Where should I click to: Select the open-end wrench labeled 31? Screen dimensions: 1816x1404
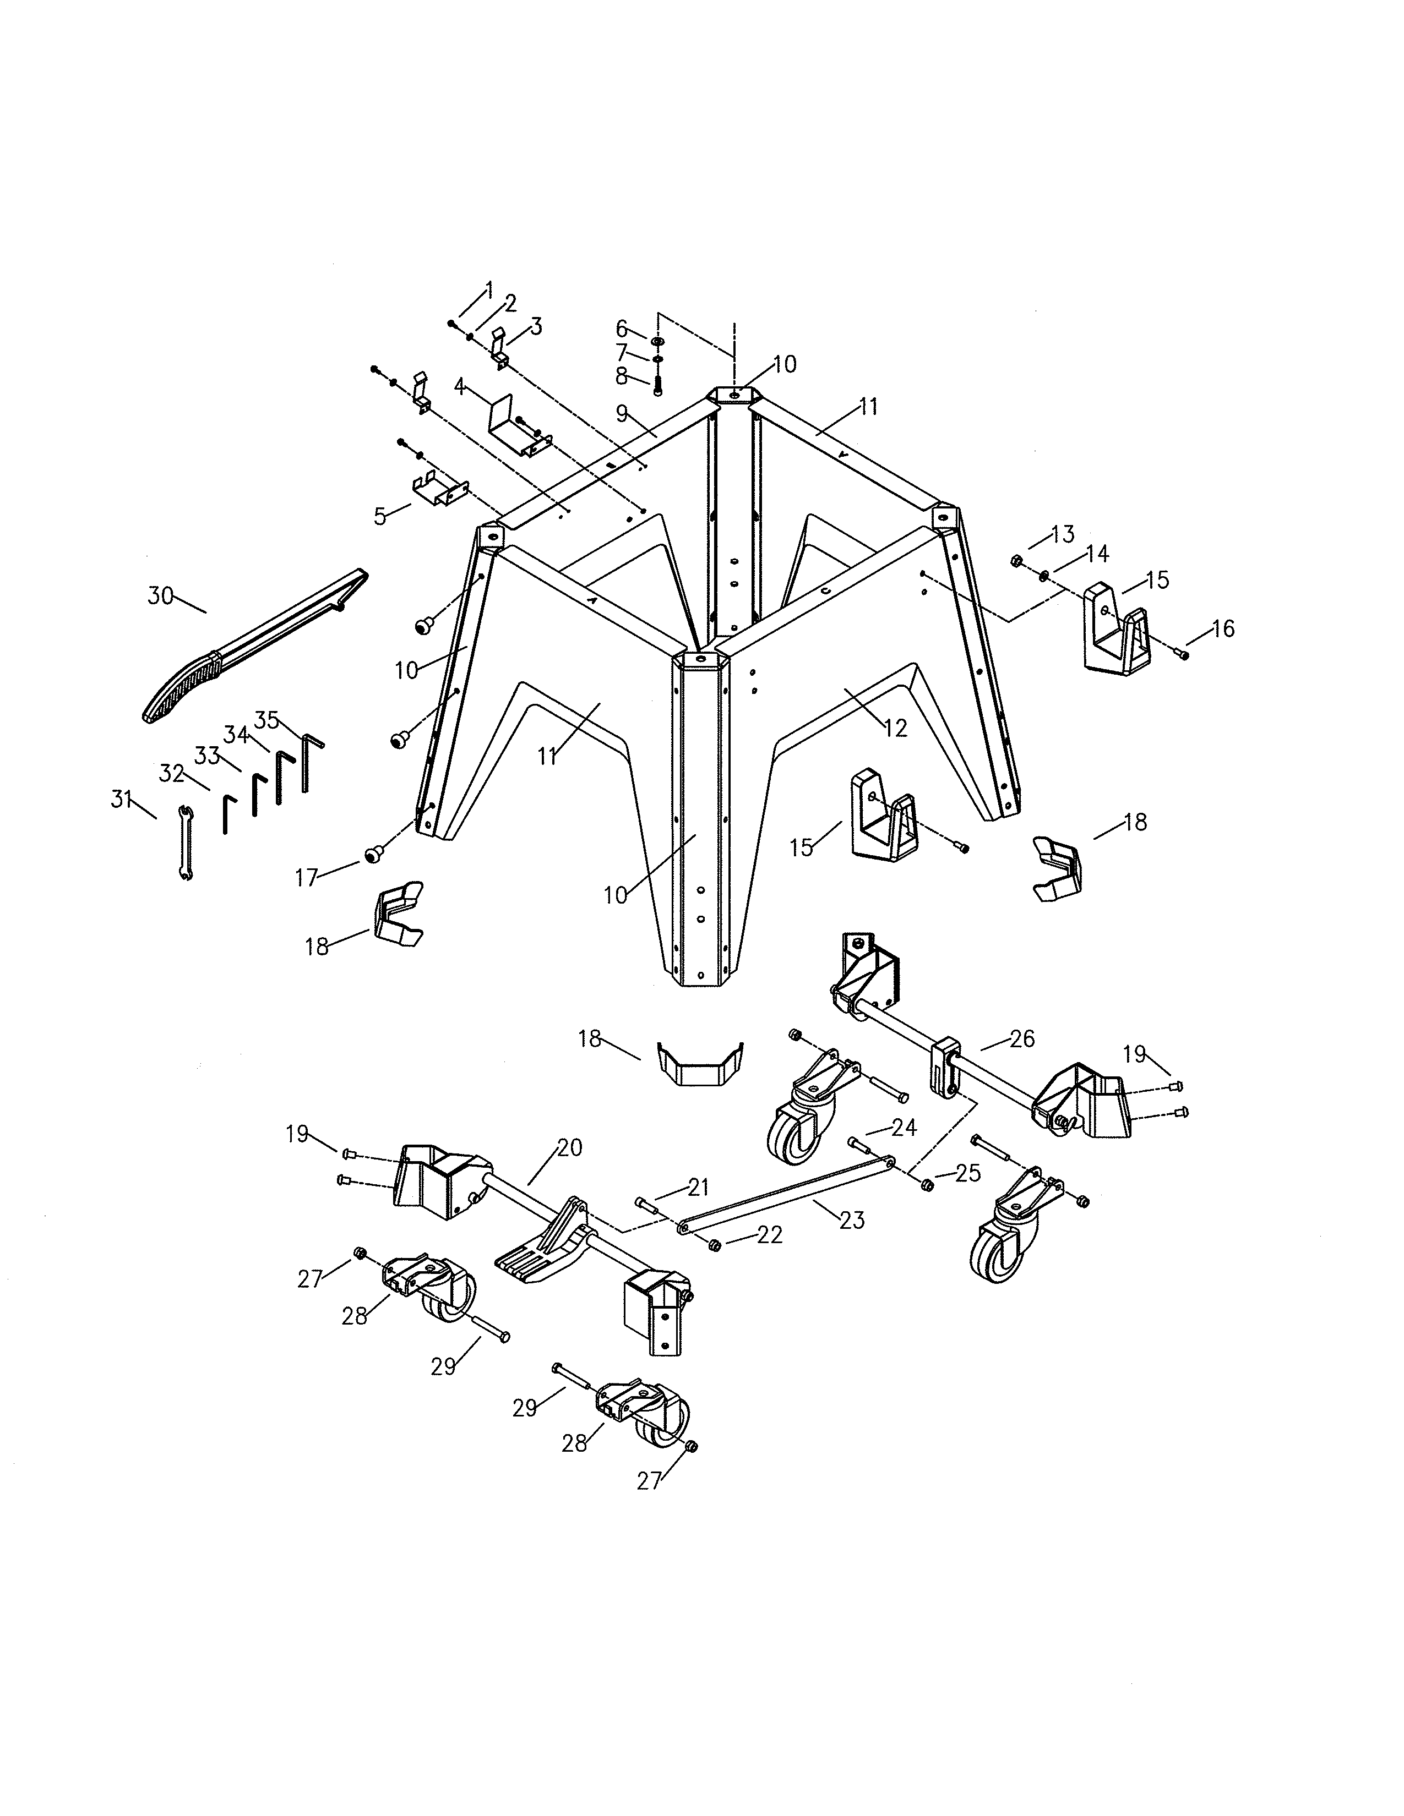(186, 843)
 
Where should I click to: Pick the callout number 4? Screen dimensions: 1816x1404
(459, 387)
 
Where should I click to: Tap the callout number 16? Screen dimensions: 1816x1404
(1223, 628)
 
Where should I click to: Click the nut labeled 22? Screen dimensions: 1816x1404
(714, 1245)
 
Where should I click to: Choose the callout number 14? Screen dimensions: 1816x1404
(1097, 553)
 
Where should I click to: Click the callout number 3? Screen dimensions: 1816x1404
(536, 327)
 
